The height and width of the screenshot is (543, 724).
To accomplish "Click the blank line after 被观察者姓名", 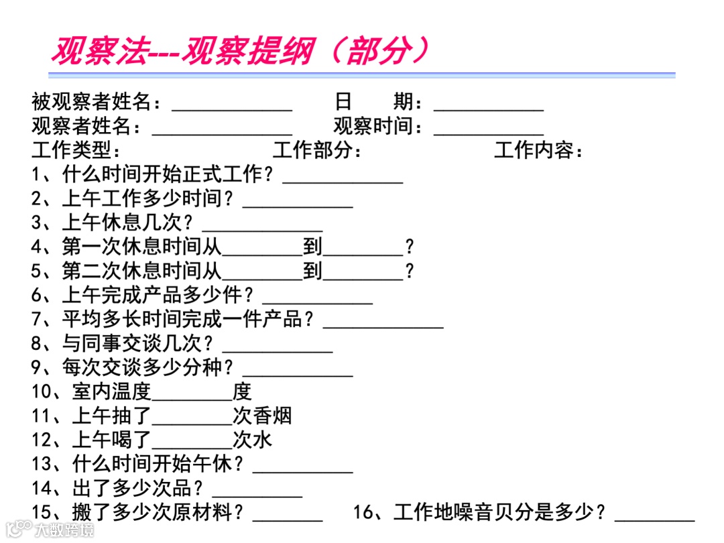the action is pyautogui.click(x=232, y=106).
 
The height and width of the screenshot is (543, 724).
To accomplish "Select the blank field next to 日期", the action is pyautogui.click(x=488, y=106).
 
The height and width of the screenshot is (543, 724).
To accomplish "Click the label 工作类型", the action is pyautogui.click(x=76, y=150).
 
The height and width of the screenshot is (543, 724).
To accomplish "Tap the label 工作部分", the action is pyautogui.click(x=317, y=150).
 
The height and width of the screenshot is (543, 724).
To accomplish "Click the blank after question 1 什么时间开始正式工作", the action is pyautogui.click(x=343, y=178).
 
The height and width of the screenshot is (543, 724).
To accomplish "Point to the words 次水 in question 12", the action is pyautogui.click(x=252, y=440).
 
